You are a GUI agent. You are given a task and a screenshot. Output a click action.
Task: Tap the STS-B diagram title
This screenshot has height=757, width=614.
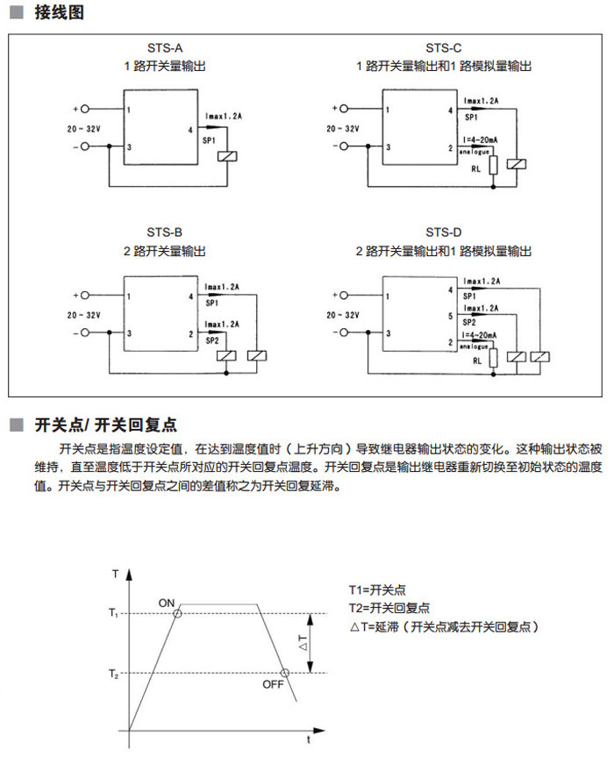click(x=165, y=232)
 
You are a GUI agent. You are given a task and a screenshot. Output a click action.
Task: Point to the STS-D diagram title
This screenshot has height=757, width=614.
click(x=443, y=232)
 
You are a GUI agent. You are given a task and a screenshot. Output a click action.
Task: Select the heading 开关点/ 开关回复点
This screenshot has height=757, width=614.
click(x=105, y=425)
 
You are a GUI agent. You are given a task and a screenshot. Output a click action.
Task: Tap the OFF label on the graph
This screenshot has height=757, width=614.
click(x=274, y=684)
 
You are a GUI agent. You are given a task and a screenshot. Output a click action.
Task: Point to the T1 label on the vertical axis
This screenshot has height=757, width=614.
click(x=114, y=613)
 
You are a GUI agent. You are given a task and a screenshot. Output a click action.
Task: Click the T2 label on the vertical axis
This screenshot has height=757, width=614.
click(x=114, y=674)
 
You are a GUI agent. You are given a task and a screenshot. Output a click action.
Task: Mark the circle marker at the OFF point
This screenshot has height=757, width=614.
click(x=283, y=673)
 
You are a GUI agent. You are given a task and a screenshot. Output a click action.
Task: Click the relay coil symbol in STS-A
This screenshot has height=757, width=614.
click(x=227, y=156)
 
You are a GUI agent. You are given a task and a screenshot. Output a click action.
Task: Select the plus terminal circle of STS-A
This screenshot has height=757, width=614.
click(x=85, y=110)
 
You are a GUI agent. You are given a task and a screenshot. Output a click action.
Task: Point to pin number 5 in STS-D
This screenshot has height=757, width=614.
click(x=452, y=315)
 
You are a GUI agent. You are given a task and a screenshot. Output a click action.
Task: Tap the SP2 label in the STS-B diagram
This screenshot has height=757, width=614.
click(x=211, y=340)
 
